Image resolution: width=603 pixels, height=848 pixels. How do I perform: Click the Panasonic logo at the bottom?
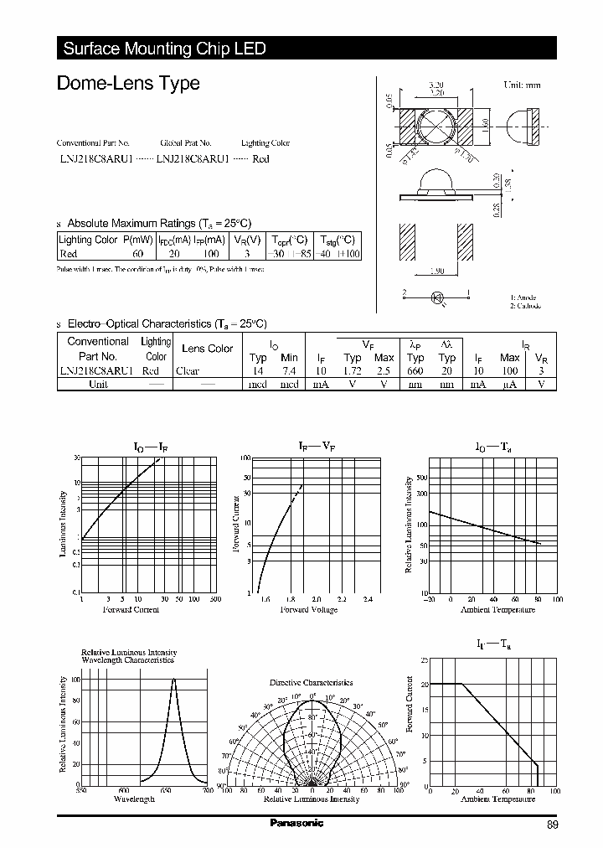(x=296, y=824)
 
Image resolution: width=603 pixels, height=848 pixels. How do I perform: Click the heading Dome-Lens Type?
(x=127, y=83)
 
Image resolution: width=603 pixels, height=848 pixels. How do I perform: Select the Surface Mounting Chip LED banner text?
(x=164, y=49)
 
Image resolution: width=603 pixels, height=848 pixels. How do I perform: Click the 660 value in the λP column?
(x=415, y=370)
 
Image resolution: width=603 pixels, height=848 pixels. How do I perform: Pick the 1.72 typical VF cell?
(x=353, y=370)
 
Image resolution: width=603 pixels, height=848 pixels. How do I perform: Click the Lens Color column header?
(x=207, y=349)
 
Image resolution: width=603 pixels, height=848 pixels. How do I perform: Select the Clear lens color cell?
(x=188, y=370)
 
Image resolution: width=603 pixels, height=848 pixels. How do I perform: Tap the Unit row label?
(x=98, y=384)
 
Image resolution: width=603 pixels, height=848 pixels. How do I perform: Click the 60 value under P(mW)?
(x=138, y=253)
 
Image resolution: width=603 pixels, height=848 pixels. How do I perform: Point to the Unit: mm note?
(x=522, y=85)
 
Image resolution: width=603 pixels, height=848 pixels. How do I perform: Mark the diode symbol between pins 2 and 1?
(x=436, y=297)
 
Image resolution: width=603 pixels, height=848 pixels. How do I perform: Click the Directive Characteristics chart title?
(x=311, y=683)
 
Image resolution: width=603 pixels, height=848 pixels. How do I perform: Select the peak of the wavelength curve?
(x=174, y=679)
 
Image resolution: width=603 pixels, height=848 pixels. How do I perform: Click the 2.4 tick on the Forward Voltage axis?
(x=368, y=600)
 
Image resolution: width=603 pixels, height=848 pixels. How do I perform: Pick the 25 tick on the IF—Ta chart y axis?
(x=424, y=660)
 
